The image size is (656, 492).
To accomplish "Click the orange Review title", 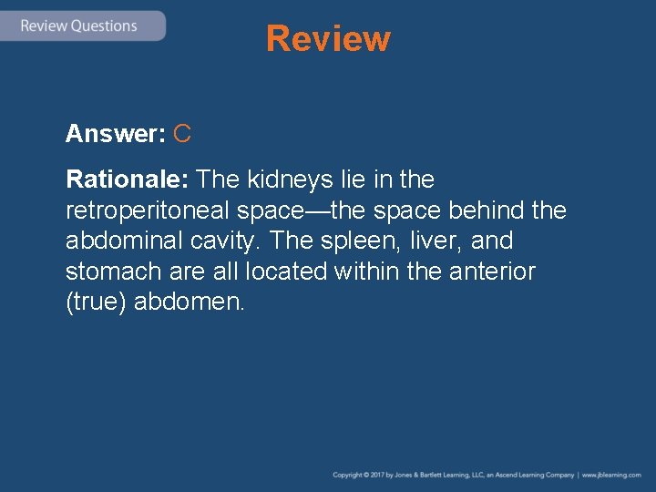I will tap(328, 38).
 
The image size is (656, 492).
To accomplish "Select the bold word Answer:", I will tap(115, 135).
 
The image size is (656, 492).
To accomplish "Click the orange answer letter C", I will tap(181, 135).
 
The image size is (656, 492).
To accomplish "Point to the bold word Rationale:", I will tap(128, 179).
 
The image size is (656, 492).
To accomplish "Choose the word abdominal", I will tap(124, 241).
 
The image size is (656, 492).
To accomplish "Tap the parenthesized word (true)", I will tap(96, 302).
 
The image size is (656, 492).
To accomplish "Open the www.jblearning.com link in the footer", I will tap(611, 476).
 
